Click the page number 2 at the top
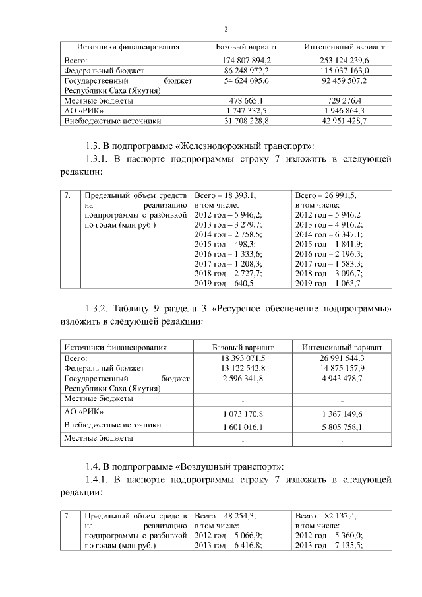point(226,29)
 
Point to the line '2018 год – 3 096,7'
point(328,274)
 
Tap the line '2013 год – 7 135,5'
point(328,545)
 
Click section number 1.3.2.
point(100,309)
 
